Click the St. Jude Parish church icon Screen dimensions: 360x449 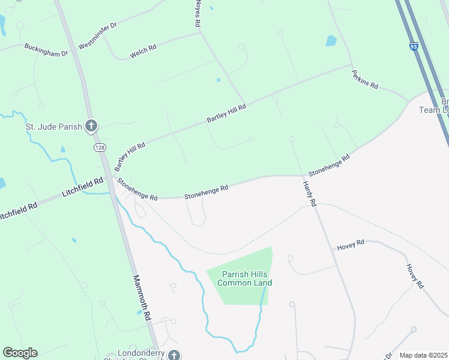[91, 126]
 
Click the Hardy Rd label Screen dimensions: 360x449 [309, 194]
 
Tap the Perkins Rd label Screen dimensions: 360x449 [365, 77]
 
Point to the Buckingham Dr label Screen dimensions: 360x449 [46, 50]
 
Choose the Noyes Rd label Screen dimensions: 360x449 [196, 13]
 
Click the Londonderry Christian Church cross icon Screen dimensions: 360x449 [173, 355]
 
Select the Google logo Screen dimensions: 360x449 [20, 353]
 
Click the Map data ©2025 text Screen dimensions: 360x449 [423, 355]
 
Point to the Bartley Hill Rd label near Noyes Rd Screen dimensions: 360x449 [226, 113]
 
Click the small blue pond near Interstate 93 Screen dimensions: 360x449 [331, 41]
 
